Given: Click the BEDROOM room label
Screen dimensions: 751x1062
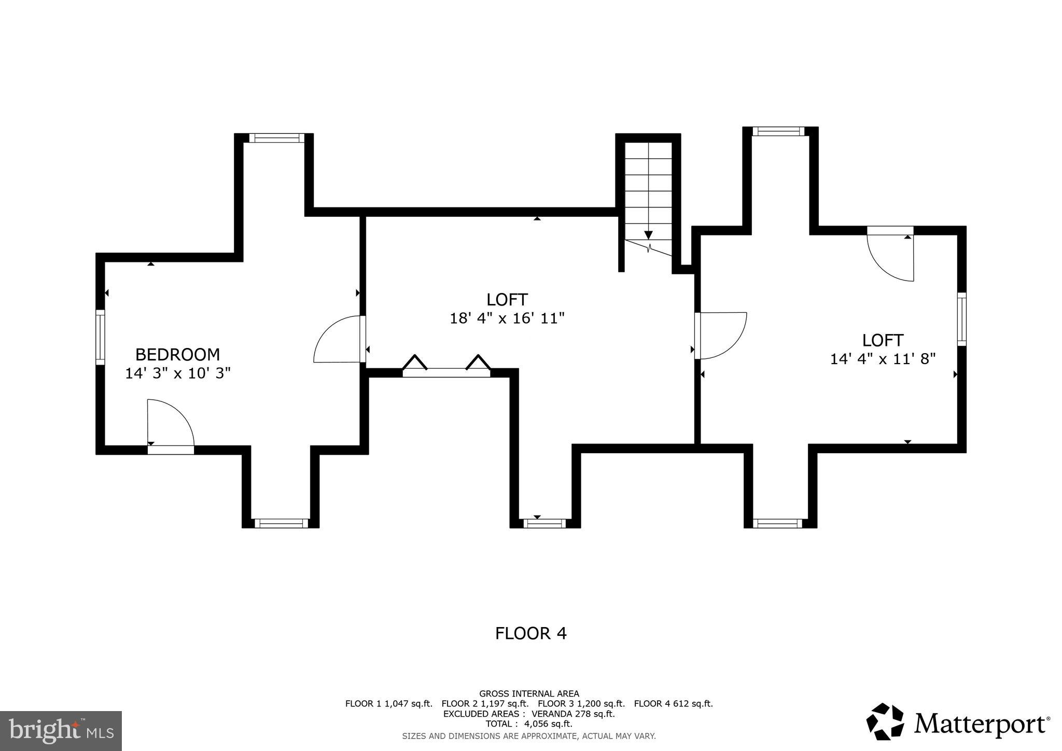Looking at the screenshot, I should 177,355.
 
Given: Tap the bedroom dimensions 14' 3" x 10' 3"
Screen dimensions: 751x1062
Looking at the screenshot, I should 177,373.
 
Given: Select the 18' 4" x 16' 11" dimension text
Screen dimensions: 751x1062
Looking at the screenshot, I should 507,318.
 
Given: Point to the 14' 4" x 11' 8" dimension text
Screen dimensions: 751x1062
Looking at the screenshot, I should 883,359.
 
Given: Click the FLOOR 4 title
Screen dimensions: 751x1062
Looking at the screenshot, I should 530,633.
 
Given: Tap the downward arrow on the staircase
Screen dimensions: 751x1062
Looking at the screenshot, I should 648,234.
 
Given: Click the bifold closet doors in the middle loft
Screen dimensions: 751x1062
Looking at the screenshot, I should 446,365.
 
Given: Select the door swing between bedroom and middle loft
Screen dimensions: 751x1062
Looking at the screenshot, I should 337,340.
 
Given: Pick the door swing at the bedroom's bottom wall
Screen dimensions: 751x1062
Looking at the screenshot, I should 170,423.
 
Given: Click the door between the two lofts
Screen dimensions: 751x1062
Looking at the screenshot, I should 720,336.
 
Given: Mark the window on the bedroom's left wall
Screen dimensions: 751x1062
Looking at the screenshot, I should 100,337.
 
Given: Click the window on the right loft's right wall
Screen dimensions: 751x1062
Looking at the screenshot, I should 961,319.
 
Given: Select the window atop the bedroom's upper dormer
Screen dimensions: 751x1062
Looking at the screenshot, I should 276,138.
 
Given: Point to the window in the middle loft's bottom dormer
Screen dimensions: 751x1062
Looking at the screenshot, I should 544,523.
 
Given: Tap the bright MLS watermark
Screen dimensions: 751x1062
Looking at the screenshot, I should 61,731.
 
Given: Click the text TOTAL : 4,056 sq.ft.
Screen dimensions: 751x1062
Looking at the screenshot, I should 529,724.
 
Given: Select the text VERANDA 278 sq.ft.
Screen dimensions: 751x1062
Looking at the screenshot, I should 572,714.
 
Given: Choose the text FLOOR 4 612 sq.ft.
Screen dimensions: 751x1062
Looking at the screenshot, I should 673,704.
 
